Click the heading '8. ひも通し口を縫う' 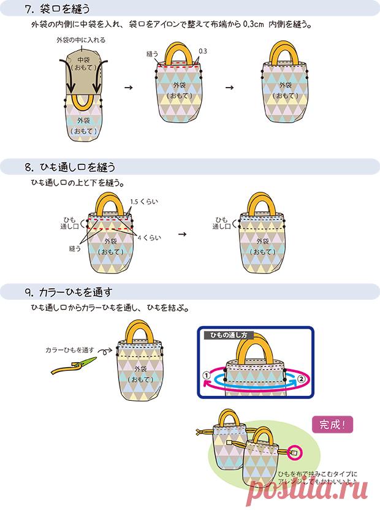click(x=70, y=167)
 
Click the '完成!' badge click(x=333, y=423)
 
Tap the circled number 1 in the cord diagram click(x=207, y=375)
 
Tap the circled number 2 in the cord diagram click(x=302, y=379)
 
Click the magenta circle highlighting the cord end click(x=294, y=453)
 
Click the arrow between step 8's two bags click(x=182, y=234)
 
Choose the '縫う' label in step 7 click(x=152, y=55)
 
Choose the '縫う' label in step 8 click(x=75, y=249)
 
